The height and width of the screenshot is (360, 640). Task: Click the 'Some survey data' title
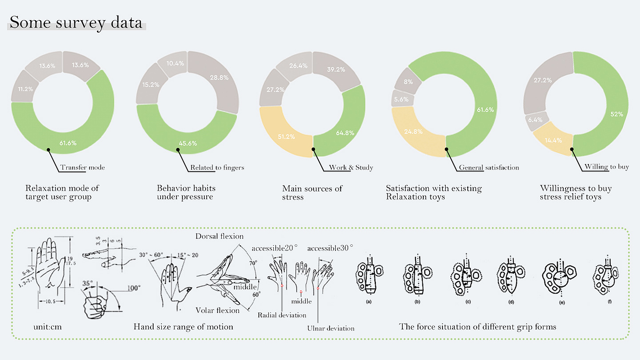coord(76,22)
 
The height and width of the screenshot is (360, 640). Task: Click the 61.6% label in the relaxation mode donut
coord(68,143)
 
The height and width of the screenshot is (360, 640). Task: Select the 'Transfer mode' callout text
coord(82,168)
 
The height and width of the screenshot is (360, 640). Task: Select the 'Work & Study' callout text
coord(351,168)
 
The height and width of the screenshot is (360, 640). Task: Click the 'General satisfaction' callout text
coord(489,168)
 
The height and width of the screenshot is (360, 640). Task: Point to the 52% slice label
coord(617,114)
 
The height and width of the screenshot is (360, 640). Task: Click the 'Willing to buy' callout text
coord(607,167)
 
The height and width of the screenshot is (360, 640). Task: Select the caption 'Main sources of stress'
coord(312,193)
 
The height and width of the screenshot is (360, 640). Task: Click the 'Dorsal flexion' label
coord(219,236)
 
